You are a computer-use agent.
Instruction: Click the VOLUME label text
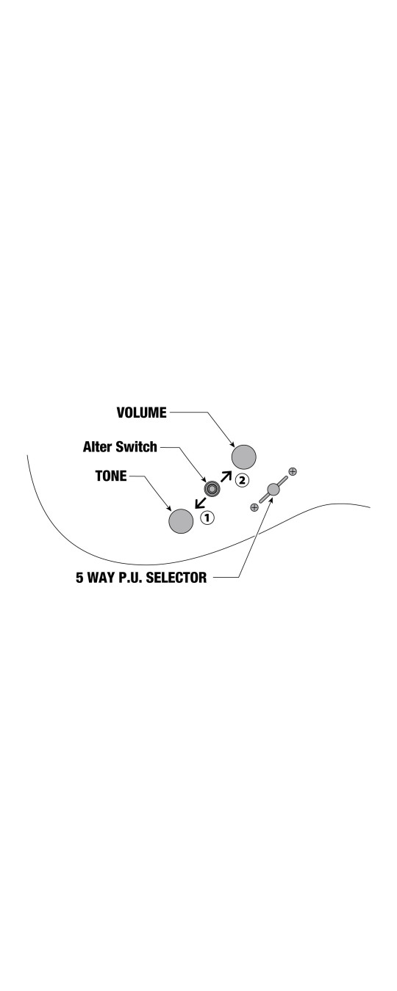141,413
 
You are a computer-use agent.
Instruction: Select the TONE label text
111,476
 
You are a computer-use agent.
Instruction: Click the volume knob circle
243,457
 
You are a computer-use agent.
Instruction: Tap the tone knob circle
181,520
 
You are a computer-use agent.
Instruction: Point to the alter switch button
212,489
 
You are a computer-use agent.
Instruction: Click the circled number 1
207,518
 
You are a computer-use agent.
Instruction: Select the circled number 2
242,480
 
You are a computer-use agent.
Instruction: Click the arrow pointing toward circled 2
226,476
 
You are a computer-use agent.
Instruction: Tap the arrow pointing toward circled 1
200,502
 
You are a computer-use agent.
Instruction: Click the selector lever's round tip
273,489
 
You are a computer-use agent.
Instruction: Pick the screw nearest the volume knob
293,471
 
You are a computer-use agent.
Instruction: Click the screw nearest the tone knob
254,507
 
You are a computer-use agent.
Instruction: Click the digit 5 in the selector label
79,578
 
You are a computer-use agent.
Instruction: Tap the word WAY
101,578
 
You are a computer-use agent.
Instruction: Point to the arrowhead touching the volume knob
232,444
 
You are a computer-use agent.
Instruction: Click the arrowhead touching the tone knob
169,508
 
